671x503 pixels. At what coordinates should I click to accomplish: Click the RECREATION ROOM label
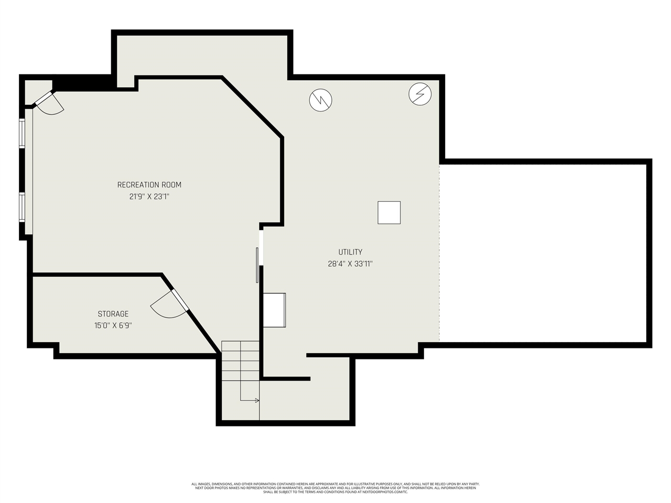(149, 184)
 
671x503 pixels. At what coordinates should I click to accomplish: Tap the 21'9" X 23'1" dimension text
(149, 196)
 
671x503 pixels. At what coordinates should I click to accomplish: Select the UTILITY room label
(350, 252)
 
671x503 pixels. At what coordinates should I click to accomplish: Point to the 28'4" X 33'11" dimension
(350, 264)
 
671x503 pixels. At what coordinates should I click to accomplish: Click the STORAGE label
(113, 314)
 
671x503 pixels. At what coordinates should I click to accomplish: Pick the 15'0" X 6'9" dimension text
(113, 325)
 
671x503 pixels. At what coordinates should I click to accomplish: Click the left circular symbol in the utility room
(320, 100)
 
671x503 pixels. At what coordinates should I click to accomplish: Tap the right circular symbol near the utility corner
(420, 94)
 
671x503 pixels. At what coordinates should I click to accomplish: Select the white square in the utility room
(389, 213)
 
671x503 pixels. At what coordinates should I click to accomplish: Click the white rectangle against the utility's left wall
(274, 310)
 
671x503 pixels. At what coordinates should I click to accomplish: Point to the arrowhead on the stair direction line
(257, 400)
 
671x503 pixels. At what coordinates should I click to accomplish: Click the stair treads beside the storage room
(240, 360)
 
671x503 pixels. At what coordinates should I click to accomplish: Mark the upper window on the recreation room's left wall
(22, 134)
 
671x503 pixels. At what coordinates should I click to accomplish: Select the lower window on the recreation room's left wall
(22, 207)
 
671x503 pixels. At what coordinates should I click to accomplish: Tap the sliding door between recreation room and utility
(257, 265)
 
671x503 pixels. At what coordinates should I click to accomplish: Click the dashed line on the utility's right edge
(439, 251)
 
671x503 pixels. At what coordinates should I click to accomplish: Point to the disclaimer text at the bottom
(335, 488)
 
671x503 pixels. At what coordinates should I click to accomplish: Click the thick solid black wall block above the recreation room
(81, 83)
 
